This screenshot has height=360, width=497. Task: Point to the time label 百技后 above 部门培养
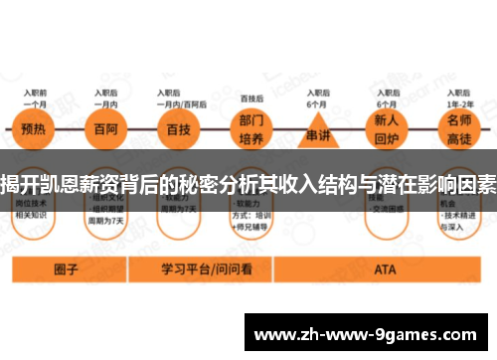(250, 98)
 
